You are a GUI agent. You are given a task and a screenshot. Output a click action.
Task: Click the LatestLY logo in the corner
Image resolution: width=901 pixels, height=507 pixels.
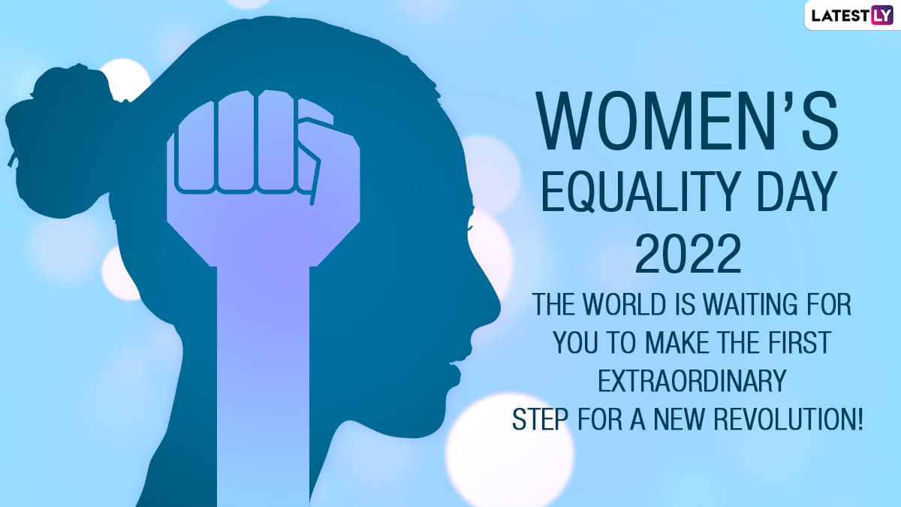(852, 15)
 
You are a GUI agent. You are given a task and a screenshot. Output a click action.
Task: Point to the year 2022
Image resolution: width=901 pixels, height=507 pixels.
(689, 255)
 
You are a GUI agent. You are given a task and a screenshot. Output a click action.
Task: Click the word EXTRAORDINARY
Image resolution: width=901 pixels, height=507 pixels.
(692, 381)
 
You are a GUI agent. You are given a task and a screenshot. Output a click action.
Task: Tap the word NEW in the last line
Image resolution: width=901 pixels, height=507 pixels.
(679, 419)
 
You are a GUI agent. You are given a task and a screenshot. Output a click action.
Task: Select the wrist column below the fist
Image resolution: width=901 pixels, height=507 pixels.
(264, 386)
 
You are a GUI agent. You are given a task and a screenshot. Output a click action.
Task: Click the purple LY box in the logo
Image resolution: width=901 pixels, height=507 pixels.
(881, 15)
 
